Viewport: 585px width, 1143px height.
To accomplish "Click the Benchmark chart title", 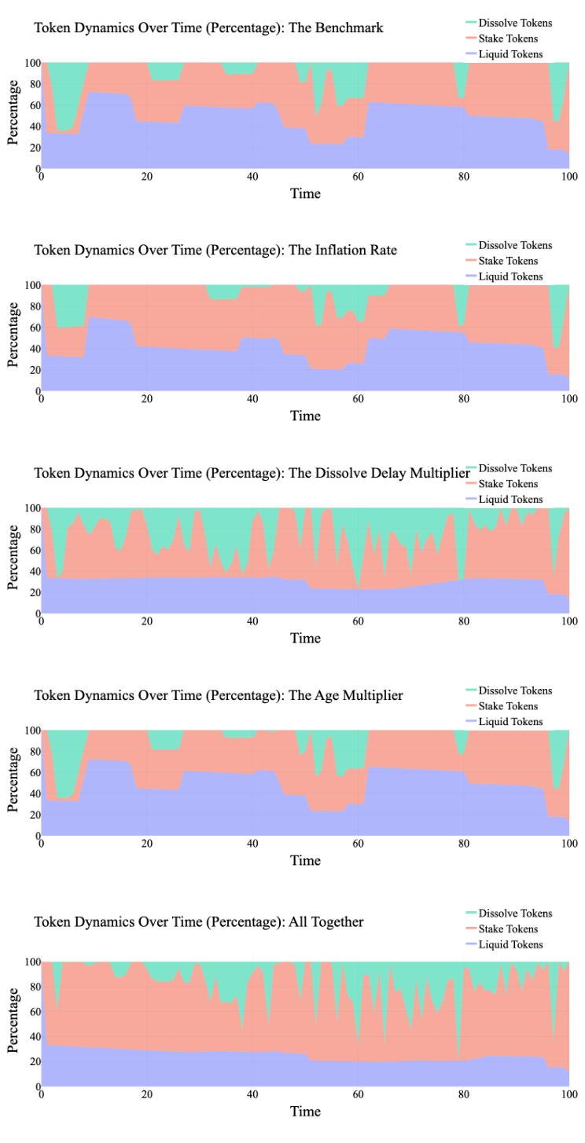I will [x=208, y=27].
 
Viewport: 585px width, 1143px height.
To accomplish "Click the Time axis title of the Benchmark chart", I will [x=305, y=192].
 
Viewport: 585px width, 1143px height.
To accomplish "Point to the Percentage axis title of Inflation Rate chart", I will [x=13, y=338].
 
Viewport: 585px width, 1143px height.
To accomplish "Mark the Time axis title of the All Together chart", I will [x=305, y=1111].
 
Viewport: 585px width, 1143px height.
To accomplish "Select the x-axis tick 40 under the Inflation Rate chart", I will [x=252, y=399].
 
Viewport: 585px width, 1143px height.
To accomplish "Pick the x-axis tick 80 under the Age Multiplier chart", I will [x=463, y=844].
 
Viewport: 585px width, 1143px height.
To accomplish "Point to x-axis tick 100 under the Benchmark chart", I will [x=568, y=177].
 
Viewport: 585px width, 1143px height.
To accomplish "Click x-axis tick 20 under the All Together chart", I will [x=147, y=1094].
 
